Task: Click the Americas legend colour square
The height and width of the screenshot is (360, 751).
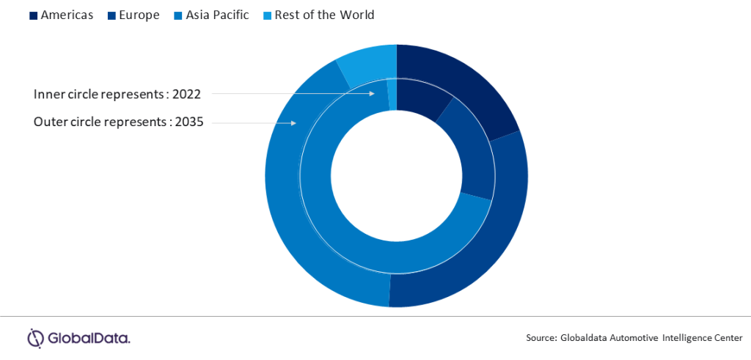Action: click(x=34, y=16)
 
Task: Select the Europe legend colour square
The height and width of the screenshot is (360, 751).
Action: click(x=112, y=16)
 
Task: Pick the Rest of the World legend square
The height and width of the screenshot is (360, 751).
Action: click(x=267, y=16)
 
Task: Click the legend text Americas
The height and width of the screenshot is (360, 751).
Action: click(x=67, y=15)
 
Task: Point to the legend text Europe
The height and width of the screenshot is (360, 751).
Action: click(x=139, y=16)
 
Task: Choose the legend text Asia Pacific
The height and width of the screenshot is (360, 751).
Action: click(x=217, y=15)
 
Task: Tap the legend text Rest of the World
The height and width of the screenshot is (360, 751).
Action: click(x=324, y=15)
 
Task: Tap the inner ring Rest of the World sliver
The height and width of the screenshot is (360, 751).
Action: click(x=392, y=95)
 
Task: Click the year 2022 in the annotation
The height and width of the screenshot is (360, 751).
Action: click(x=186, y=95)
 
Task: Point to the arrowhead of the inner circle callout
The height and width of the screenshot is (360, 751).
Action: click(x=372, y=94)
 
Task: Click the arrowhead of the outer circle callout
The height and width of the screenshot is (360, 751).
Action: click(x=293, y=123)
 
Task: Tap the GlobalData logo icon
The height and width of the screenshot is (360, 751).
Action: click(x=36, y=338)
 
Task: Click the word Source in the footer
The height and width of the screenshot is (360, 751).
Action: click(x=540, y=338)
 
